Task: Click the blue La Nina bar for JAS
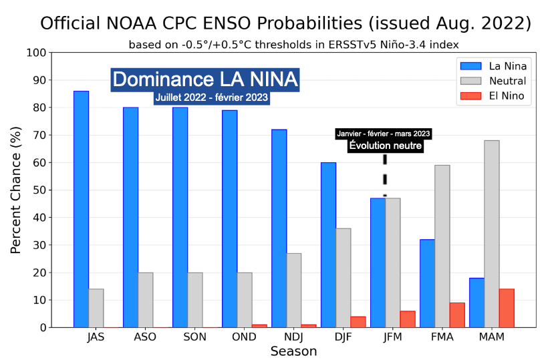point(81,209)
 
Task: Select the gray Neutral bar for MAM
point(491,234)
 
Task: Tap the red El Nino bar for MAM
point(507,308)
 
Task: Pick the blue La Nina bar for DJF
point(328,244)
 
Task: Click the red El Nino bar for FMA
point(457,315)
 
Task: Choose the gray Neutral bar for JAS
point(96,308)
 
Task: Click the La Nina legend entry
point(494,66)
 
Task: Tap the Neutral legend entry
point(494,81)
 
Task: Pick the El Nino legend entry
point(494,97)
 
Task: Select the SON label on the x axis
point(194,337)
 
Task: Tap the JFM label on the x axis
point(392,337)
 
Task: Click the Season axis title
point(293,351)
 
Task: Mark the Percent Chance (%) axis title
point(17,190)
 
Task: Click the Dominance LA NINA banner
point(205,79)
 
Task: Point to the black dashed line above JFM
point(385,175)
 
